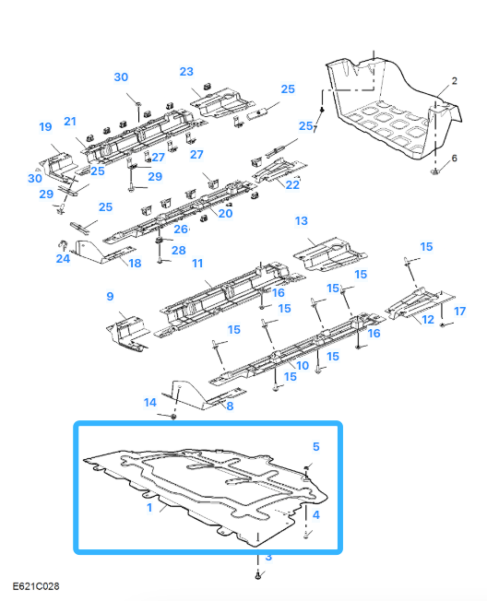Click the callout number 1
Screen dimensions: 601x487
(x=150, y=507)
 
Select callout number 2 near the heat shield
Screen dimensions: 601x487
(x=454, y=82)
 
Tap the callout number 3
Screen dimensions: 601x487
(x=268, y=558)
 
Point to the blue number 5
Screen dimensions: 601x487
(x=316, y=446)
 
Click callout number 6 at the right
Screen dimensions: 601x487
(x=453, y=159)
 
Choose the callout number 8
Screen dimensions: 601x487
(x=230, y=406)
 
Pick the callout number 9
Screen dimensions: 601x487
(x=110, y=296)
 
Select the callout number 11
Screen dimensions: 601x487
(x=196, y=264)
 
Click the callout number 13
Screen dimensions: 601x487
(x=301, y=221)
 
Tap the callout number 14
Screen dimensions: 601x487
(x=150, y=402)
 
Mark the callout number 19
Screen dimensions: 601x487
(x=44, y=126)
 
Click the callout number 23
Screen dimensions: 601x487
(x=186, y=71)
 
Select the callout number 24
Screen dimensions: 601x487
(x=62, y=259)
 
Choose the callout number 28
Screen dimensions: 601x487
(x=178, y=250)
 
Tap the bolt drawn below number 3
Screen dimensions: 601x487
(x=257, y=574)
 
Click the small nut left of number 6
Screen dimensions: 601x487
(x=434, y=171)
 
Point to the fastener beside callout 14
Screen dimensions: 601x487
(x=173, y=417)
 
